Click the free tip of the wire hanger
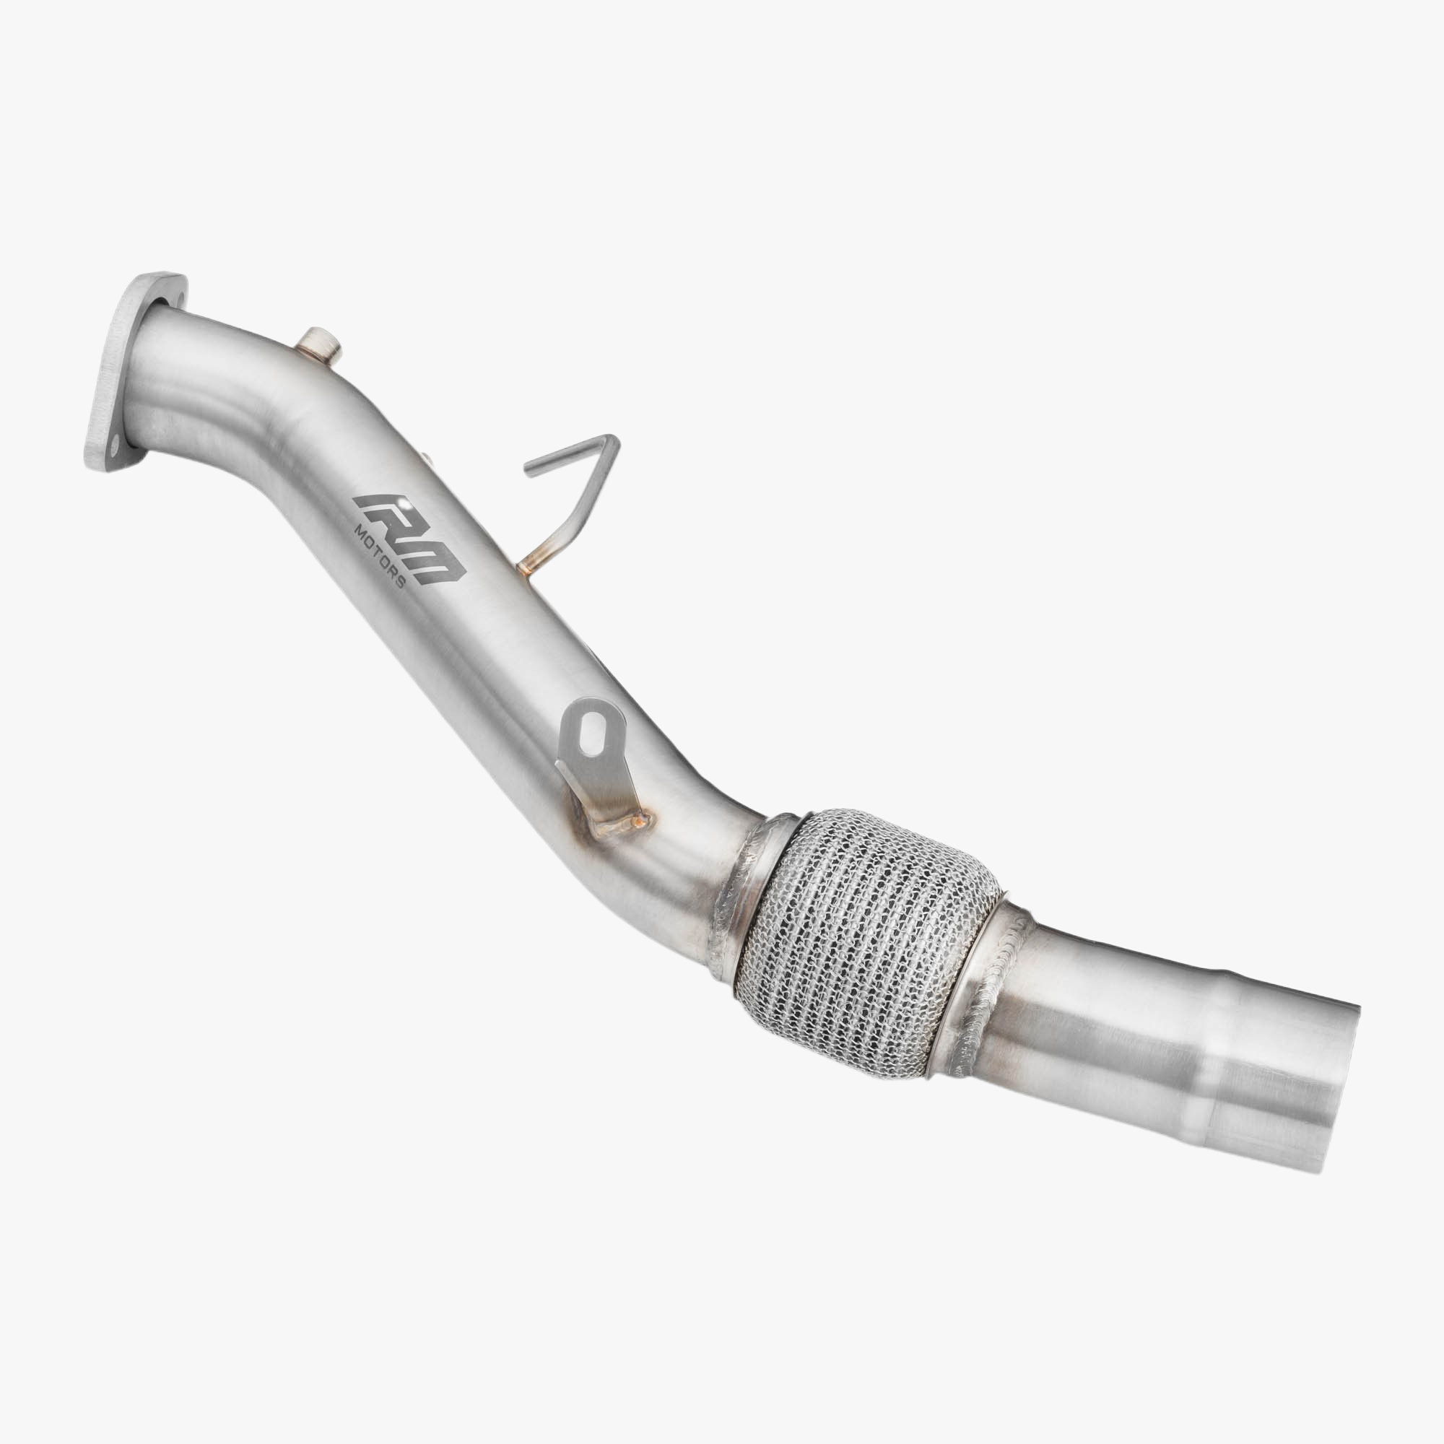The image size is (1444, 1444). click(x=529, y=471)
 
